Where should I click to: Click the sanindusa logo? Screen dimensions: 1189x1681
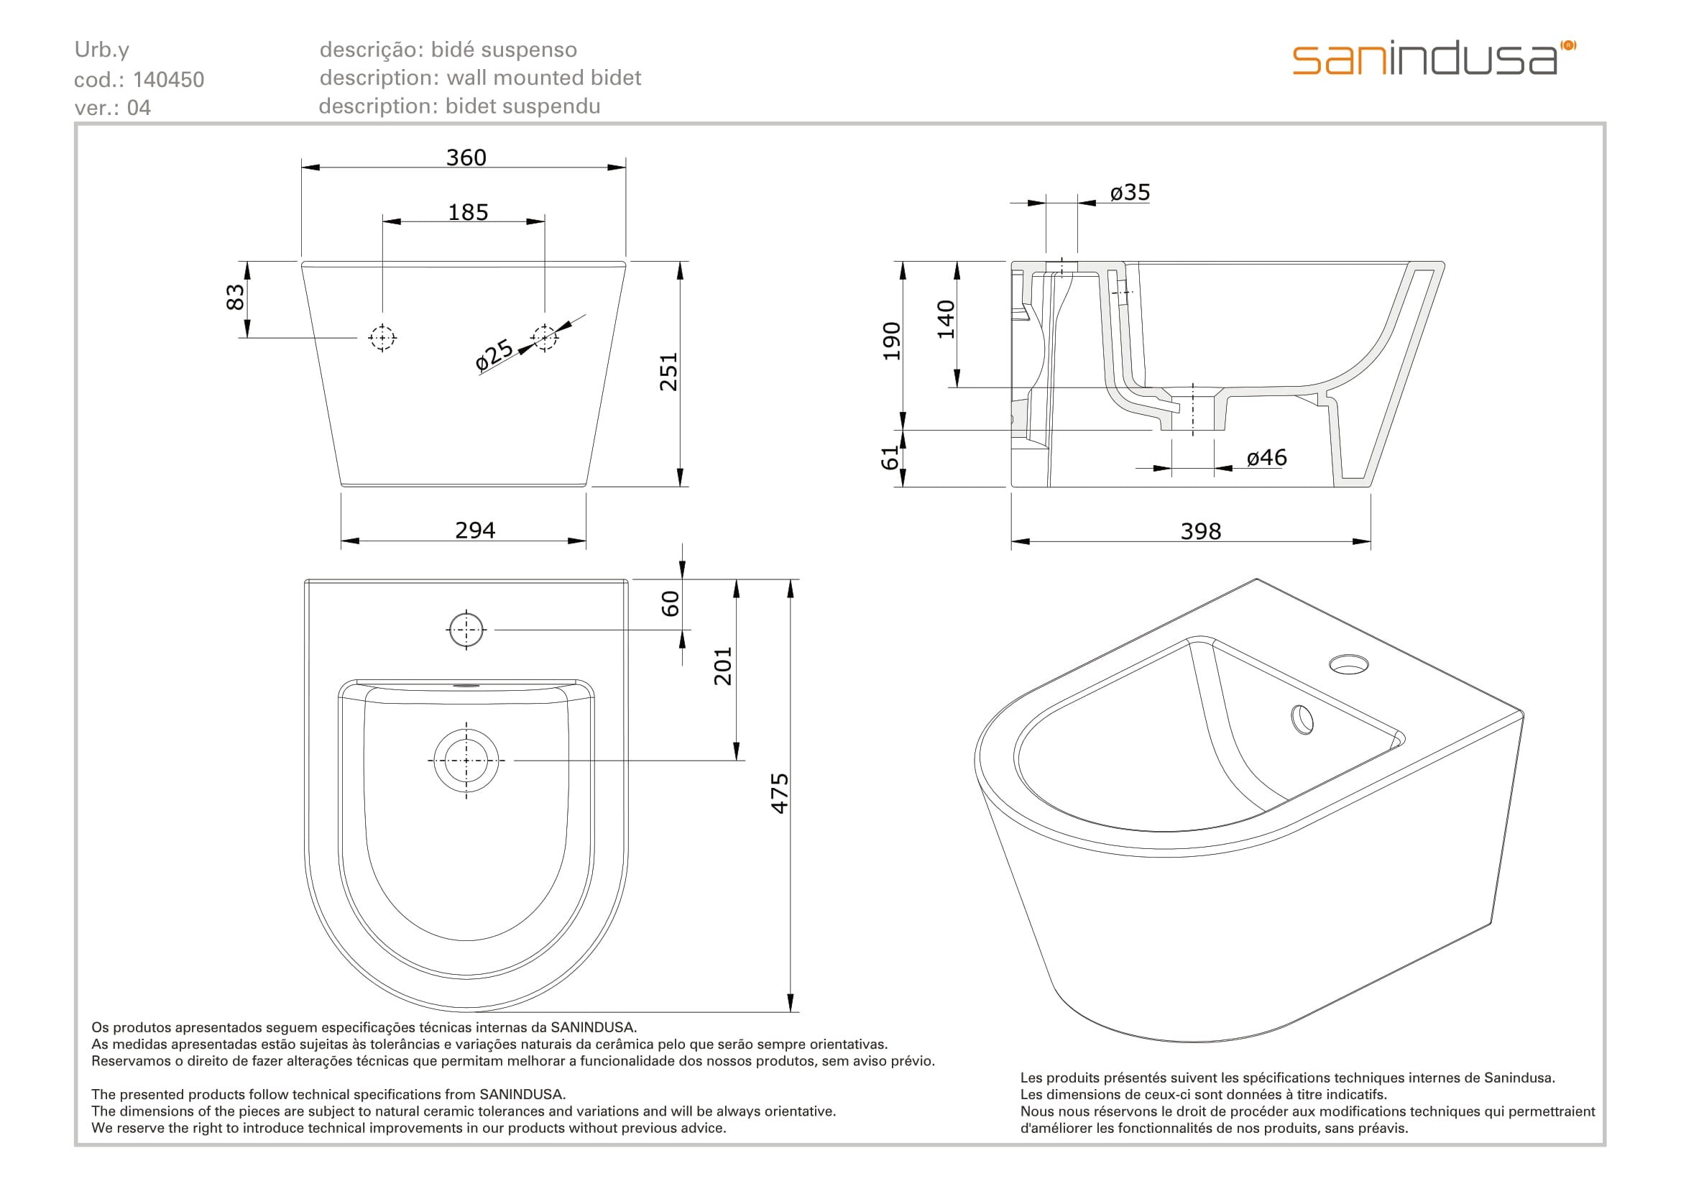(x=1433, y=58)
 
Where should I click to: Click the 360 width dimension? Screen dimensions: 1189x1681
(x=466, y=157)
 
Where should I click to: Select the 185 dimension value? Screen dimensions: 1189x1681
(x=468, y=212)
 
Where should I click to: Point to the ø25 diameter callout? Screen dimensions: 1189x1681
(x=494, y=354)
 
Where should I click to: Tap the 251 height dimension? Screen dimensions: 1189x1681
(x=669, y=372)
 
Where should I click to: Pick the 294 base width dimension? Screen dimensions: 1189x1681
(x=475, y=530)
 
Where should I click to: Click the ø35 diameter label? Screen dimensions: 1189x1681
(x=1130, y=193)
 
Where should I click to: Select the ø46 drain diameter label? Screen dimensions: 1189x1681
(x=1266, y=458)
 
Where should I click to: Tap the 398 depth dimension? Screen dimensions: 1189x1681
(x=1201, y=531)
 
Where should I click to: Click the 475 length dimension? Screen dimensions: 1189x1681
(x=780, y=793)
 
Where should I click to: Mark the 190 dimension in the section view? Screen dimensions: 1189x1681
(x=891, y=341)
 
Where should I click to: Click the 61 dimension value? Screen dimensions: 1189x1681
(x=890, y=459)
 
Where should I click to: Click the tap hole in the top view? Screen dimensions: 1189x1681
(x=466, y=629)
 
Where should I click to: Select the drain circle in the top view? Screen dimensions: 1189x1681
(x=466, y=761)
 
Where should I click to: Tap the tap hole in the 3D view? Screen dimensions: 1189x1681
(x=1348, y=665)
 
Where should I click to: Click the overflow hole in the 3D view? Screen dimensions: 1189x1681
(x=1302, y=720)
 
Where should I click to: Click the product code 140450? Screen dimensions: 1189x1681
(x=168, y=80)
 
